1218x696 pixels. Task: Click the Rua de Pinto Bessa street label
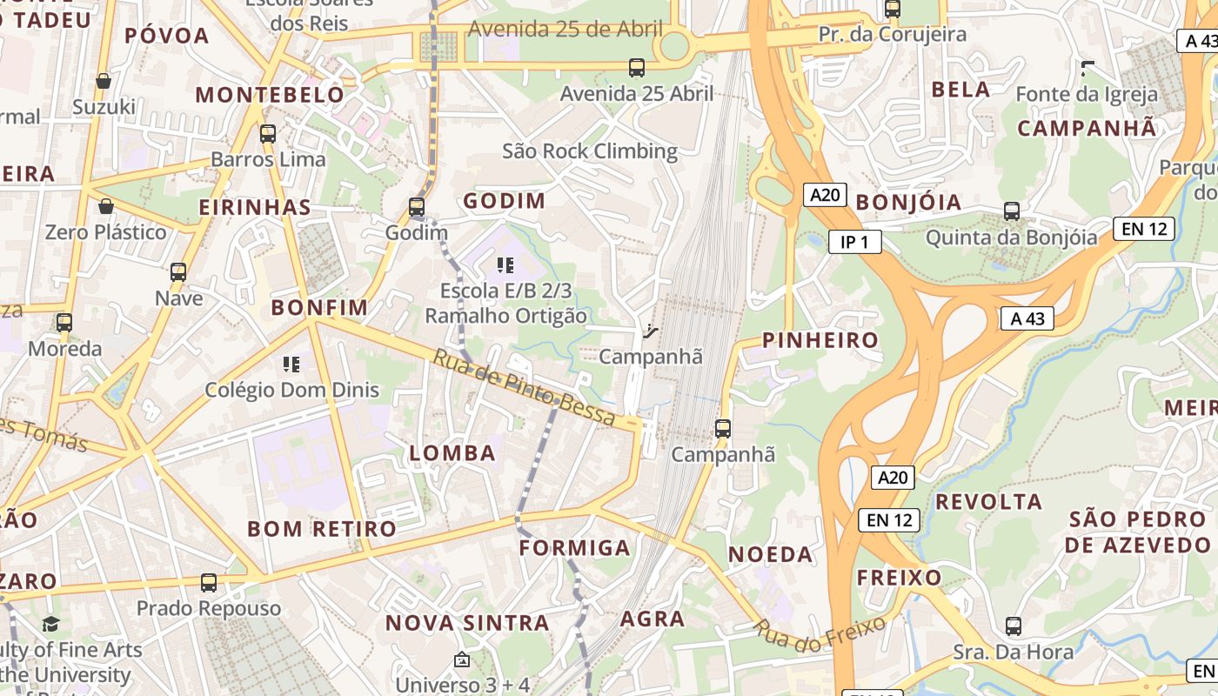[x=525, y=388]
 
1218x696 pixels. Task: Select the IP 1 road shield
[x=854, y=242]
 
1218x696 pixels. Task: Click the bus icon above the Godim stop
[x=417, y=207]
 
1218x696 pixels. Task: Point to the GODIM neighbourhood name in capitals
[x=505, y=201]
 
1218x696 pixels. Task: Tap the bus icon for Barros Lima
[x=268, y=134]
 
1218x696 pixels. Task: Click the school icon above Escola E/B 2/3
[x=505, y=264]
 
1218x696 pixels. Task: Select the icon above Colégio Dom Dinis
[x=291, y=364]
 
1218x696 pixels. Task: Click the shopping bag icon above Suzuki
[x=104, y=81]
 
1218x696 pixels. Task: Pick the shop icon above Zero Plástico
[x=106, y=206]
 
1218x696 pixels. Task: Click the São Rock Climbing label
[x=590, y=151]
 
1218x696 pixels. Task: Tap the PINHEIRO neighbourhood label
[x=820, y=340]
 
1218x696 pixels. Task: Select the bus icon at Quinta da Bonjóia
[x=1012, y=211]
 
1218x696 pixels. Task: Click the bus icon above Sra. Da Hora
[x=1014, y=626]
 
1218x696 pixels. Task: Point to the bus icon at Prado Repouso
[x=209, y=583]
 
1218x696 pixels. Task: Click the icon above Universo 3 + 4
[x=462, y=660]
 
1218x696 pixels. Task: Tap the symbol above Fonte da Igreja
[x=1087, y=68]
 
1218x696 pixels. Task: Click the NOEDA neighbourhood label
[x=770, y=554]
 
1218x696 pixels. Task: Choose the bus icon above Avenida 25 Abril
[x=637, y=68]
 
